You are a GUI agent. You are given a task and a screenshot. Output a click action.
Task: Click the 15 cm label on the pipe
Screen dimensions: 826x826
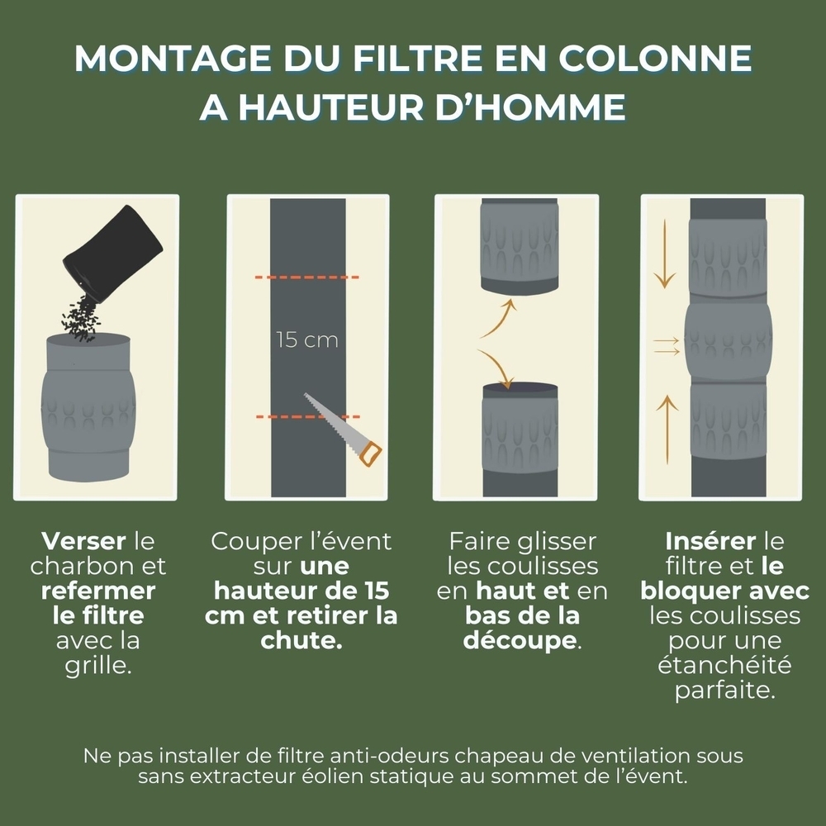(x=306, y=340)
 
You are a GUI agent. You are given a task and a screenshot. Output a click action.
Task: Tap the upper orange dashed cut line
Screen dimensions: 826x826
(x=306, y=278)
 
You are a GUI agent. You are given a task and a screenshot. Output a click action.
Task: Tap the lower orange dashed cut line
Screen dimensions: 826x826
(x=306, y=417)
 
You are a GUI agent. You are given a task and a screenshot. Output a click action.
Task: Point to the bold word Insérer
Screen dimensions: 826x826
(x=710, y=543)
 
